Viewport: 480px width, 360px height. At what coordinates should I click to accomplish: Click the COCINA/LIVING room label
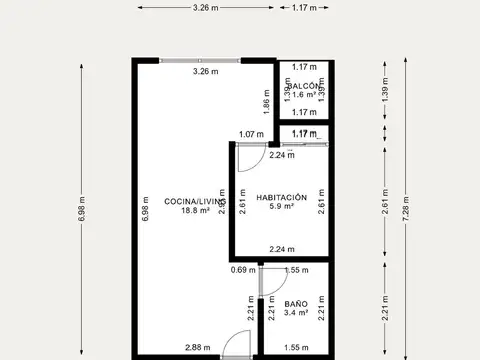187,201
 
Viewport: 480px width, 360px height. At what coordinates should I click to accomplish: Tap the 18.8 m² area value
187,211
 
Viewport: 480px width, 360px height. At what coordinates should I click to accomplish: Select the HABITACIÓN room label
281,197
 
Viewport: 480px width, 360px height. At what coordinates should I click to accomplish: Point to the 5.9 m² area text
281,207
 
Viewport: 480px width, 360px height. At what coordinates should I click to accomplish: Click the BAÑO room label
295,303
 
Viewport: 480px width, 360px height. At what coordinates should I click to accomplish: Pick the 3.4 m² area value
295,313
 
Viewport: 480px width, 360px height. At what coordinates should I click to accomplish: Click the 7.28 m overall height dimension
404,211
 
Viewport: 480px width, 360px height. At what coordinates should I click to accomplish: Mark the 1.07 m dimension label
251,135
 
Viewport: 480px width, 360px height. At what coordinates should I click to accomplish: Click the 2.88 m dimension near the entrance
197,347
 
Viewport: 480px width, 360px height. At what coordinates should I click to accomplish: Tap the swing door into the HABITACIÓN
248,157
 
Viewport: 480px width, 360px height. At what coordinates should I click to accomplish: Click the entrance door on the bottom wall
237,345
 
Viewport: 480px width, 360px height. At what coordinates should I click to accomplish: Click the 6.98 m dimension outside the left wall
81,211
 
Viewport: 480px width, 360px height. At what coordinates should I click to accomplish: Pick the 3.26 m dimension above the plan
208,7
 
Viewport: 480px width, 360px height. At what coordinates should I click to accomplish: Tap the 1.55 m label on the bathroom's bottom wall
295,347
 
